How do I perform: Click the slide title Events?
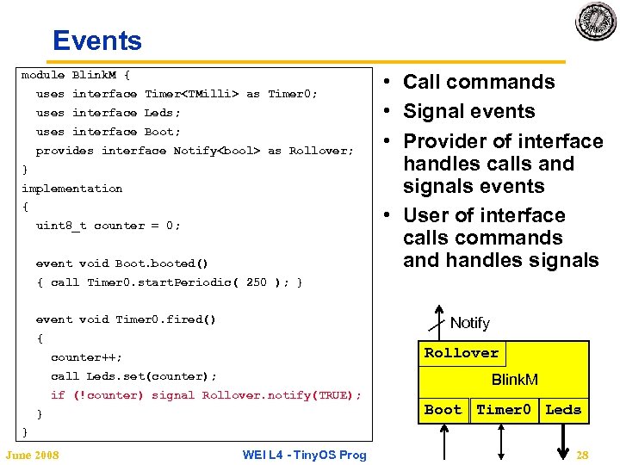(x=96, y=40)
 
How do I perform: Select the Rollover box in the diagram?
(x=462, y=353)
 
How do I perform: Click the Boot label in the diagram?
(x=443, y=410)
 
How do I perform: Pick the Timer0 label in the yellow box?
(x=505, y=410)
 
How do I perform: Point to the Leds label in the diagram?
(x=563, y=410)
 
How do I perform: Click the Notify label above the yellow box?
(x=469, y=323)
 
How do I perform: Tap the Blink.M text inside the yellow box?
(x=514, y=380)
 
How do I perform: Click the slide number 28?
(x=583, y=455)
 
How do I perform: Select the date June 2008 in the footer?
(x=32, y=455)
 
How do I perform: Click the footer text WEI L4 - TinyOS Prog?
(x=304, y=455)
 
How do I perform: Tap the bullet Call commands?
(x=479, y=82)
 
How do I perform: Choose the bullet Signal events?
(x=469, y=111)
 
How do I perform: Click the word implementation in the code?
(x=71, y=189)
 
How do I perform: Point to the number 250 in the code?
(x=256, y=282)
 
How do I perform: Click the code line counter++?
(x=86, y=357)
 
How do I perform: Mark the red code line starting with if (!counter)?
(x=206, y=395)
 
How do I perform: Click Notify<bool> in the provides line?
(x=217, y=151)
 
